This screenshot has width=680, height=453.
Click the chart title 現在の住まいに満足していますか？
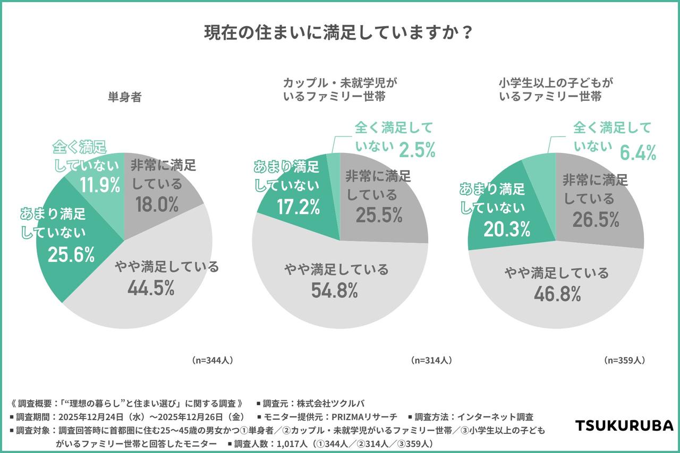click(x=339, y=33)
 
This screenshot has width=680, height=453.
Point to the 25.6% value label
click(x=71, y=254)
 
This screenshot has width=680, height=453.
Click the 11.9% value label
click(x=100, y=185)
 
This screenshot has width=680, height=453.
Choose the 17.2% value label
click(x=297, y=207)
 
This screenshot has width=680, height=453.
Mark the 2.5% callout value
click(x=418, y=149)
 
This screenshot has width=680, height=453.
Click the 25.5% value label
click(x=379, y=217)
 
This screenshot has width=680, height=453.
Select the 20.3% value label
click(x=507, y=229)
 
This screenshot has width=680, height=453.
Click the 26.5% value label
click(x=596, y=219)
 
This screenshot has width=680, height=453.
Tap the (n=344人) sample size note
click(x=212, y=360)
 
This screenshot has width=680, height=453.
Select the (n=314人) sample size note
click(x=431, y=360)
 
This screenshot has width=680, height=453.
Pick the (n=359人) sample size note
click(x=625, y=360)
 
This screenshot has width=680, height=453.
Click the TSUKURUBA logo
click(x=625, y=425)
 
